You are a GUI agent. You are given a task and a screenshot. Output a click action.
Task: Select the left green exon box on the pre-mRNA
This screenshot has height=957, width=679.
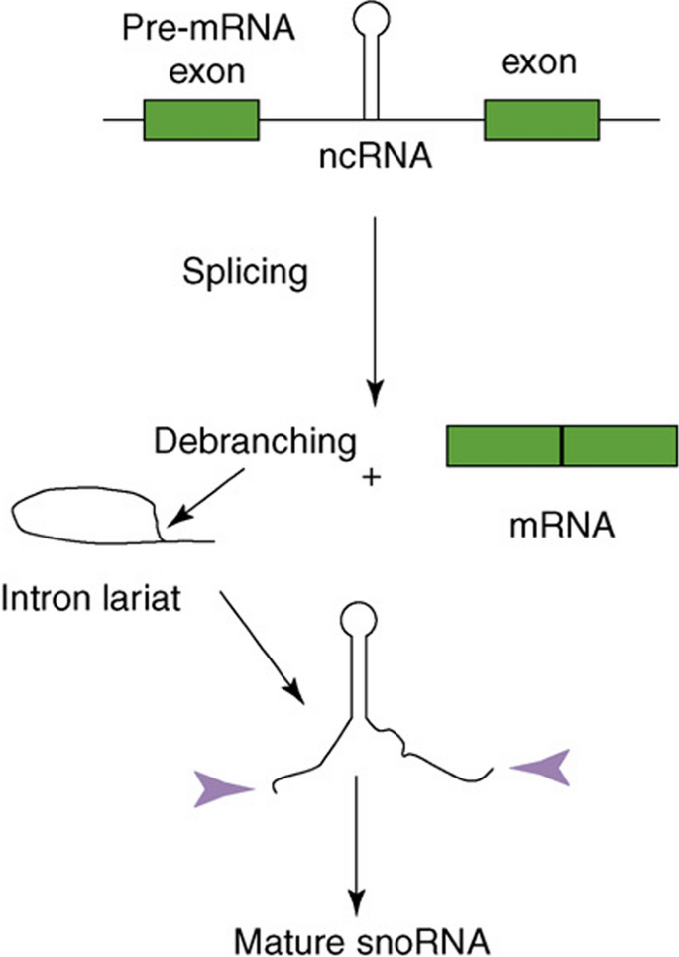coord(201,120)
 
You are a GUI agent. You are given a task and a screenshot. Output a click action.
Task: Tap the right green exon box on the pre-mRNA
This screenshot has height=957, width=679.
coord(541,120)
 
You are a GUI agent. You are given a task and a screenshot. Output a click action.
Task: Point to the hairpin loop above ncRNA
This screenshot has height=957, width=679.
coord(374,22)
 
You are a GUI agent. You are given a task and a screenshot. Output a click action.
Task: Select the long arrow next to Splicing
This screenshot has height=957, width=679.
coord(374,307)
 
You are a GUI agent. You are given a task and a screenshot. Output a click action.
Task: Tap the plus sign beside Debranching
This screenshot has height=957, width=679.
coord(373,478)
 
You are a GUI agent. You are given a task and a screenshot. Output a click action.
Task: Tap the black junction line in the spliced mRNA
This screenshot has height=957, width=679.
coord(562,446)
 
